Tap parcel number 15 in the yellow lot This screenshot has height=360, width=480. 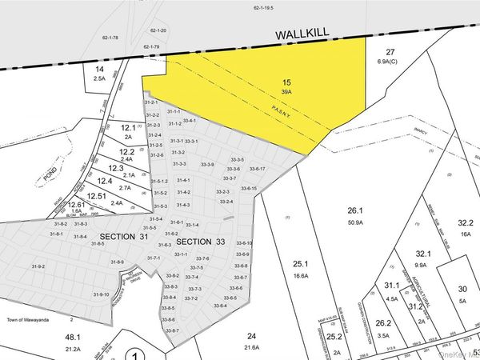(x=286, y=82)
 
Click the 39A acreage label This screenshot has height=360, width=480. (x=286, y=93)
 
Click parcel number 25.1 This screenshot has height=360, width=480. (x=301, y=264)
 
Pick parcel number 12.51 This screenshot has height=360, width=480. (x=96, y=196)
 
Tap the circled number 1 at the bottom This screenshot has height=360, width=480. (x=137, y=355)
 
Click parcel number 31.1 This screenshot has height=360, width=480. (x=391, y=286)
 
